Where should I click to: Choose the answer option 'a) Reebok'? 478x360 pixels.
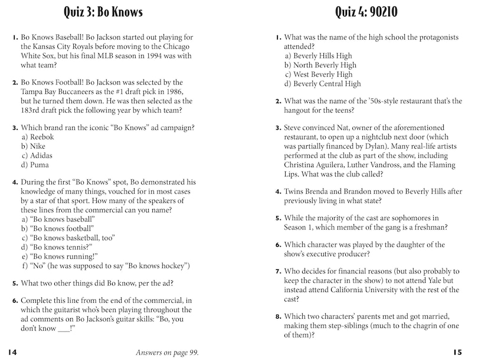(x=37, y=137)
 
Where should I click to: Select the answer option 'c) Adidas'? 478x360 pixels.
(x=37, y=156)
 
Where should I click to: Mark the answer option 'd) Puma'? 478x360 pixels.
(x=35, y=165)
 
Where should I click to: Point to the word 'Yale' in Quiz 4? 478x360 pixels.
(x=413, y=281)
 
